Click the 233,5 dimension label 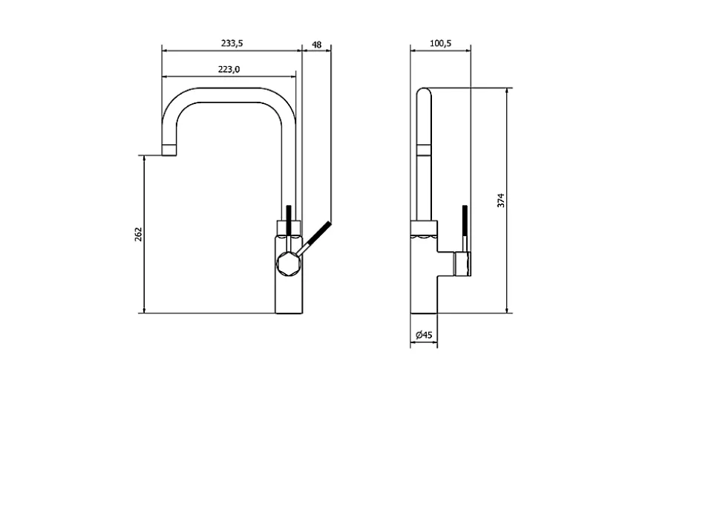tap(232, 43)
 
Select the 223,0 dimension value tap(229, 69)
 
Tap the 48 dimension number tap(317, 45)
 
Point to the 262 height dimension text tap(139, 235)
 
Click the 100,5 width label tap(440, 43)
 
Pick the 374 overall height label tap(500, 201)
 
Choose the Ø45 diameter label tap(424, 335)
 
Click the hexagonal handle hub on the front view tap(289, 264)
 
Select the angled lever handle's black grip tap(319, 234)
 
